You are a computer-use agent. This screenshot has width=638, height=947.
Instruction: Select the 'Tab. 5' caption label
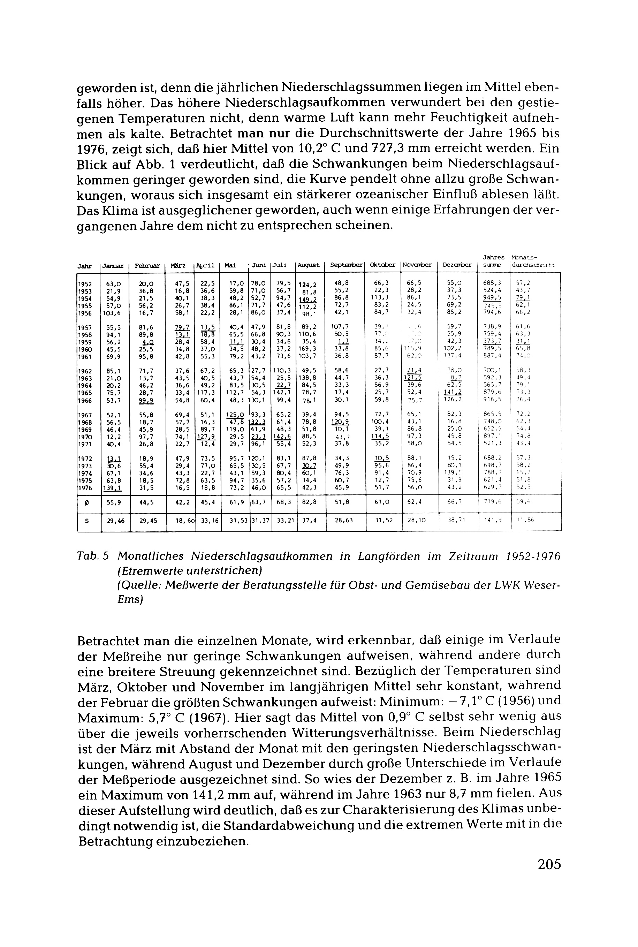pos(93,556)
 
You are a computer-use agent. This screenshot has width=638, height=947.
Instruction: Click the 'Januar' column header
pos(114,265)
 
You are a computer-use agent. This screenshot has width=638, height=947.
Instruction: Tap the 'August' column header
pos(308,265)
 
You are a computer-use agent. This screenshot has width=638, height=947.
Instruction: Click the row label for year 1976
pos(85,488)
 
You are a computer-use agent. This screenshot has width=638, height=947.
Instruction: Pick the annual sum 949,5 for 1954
pos(492,298)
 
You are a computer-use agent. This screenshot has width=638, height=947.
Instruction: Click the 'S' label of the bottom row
pos(86,520)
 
